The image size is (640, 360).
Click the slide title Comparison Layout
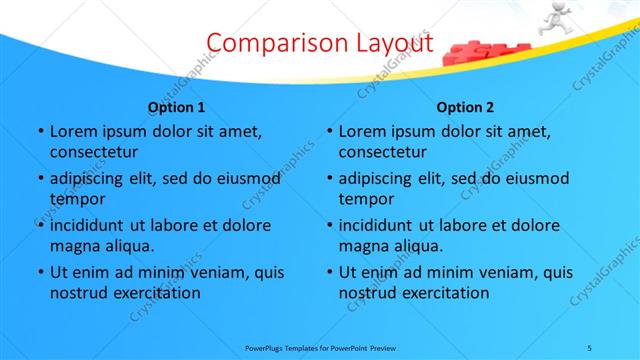pos(321,43)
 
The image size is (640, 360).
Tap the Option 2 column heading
pos(465,107)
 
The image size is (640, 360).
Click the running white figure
pos(557,19)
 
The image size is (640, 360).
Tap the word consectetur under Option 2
pos(383,152)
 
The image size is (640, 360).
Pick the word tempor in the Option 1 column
pos(74,198)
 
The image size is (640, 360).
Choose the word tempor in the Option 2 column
pos(364,198)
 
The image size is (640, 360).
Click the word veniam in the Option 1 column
pos(220,272)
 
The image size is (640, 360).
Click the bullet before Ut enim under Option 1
pos(40,272)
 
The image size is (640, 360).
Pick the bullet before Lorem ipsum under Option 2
pos(330,131)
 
